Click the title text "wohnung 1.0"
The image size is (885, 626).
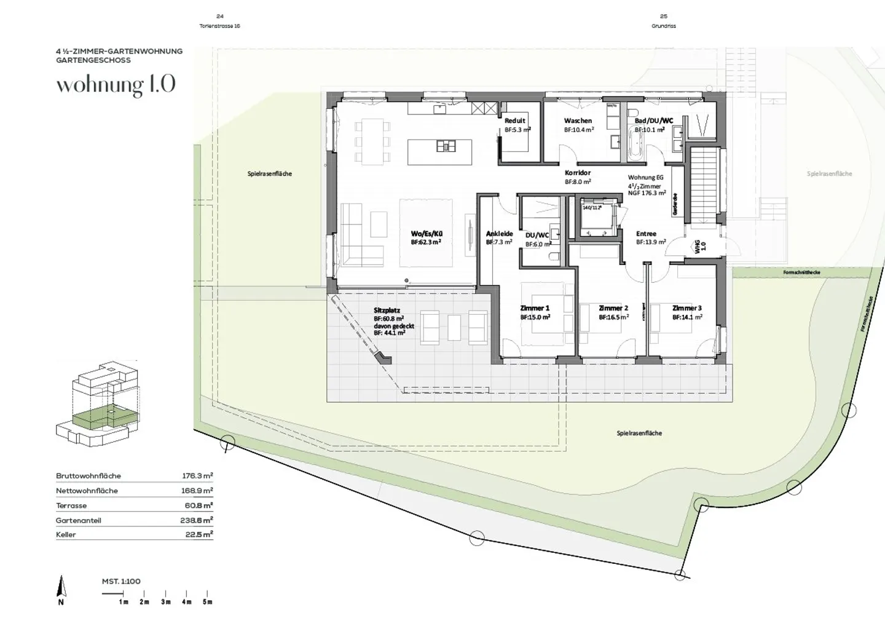(116, 85)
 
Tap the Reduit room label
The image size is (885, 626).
(515, 121)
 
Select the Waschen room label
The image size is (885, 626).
(578, 121)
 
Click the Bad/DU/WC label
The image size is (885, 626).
(653, 121)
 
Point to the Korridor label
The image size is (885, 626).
(578, 173)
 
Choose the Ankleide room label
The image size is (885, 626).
(499, 234)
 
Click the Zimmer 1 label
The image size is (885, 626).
(534, 308)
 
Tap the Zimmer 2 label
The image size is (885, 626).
(613, 308)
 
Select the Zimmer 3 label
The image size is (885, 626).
(686, 308)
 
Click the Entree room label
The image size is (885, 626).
(646, 234)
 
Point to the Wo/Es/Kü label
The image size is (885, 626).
(427, 234)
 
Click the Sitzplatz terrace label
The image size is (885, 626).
(387, 311)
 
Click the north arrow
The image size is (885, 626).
(61, 588)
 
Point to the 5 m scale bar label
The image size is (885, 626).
(208, 602)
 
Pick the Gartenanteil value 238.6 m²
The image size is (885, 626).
(195, 520)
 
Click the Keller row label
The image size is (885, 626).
(66, 535)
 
